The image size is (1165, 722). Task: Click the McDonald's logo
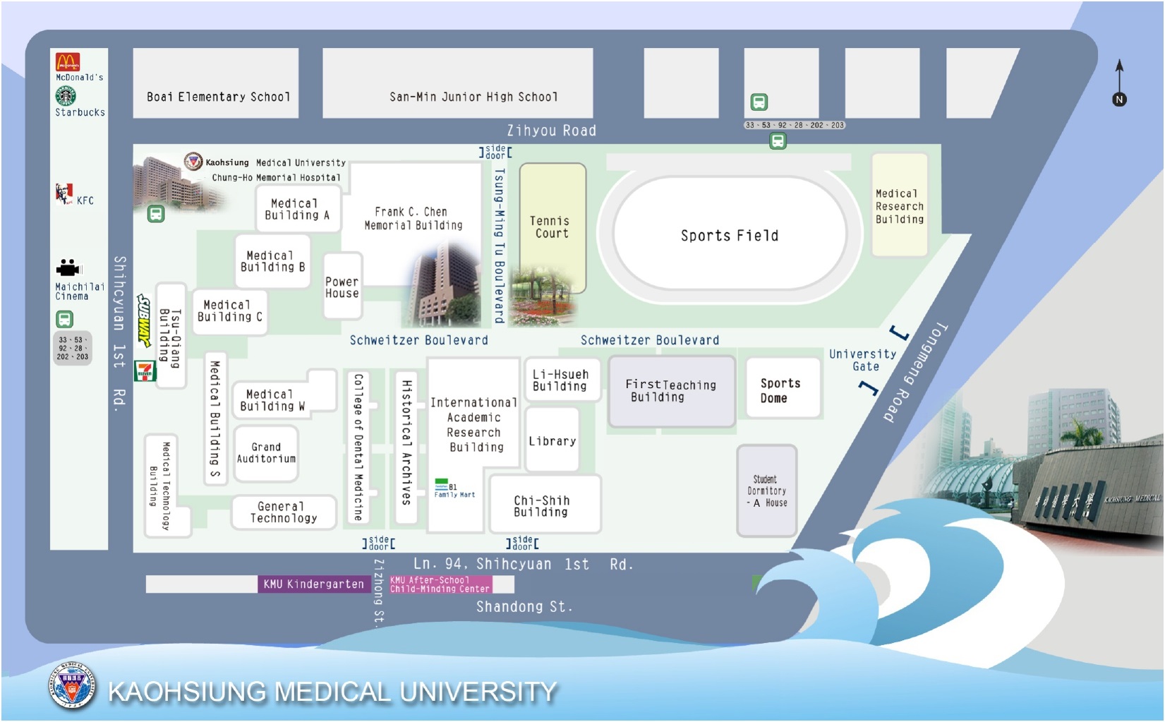(68, 62)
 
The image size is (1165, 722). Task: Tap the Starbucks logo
(66, 95)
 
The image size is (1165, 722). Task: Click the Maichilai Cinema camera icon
(68, 268)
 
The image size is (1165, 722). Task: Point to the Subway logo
(145, 321)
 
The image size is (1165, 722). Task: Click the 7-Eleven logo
(145, 371)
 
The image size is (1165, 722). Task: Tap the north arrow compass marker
(1119, 84)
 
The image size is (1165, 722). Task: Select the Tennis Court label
(551, 227)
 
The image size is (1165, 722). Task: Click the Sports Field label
(729, 236)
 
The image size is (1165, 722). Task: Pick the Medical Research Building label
(899, 206)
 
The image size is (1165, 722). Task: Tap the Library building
(552, 441)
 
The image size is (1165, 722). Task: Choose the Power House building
(342, 287)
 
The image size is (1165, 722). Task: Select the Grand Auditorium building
(266, 452)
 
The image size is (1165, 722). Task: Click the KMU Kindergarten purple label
(313, 584)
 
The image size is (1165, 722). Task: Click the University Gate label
(863, 360)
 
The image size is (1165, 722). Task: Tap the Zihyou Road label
(551, 131)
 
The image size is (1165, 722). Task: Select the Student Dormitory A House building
(766, 491)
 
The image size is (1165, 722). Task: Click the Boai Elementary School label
(218, 97)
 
